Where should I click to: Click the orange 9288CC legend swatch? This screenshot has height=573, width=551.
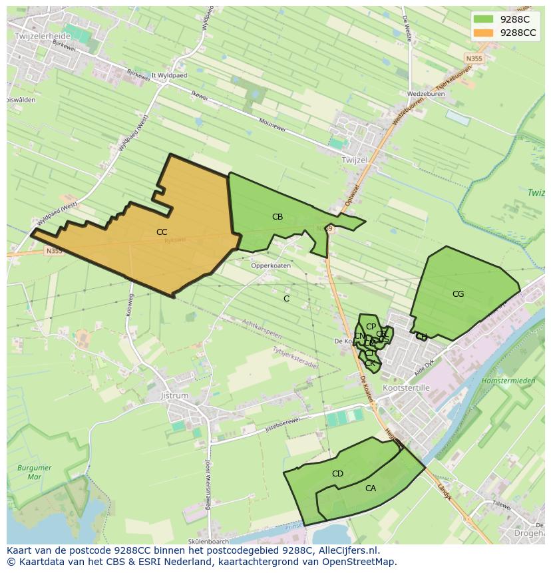pos(484,33)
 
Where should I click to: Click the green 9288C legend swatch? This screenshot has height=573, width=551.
pos(484,19)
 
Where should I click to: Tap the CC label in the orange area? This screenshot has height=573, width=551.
pos(162,232)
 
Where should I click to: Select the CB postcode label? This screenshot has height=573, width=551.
pos(277,217)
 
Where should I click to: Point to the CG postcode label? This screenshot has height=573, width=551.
pos(458,294)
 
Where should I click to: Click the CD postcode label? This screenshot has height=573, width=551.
pos(337,474)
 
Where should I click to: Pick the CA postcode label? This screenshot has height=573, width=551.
pos(371,488)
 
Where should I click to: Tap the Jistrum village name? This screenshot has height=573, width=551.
pos(175,395)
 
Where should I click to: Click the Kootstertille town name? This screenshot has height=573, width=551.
pos(407,388)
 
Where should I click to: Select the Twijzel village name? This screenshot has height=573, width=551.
pos(353,160)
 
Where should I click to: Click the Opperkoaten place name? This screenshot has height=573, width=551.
pos(271,266)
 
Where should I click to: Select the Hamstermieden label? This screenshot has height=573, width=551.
pos(508,381)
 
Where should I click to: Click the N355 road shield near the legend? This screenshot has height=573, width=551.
pos(474,59)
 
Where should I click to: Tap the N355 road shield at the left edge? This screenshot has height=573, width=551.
pos(54,251)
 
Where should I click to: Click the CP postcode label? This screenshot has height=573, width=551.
pos(371,327)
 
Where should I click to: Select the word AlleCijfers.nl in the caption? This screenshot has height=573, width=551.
pos(348,550)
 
